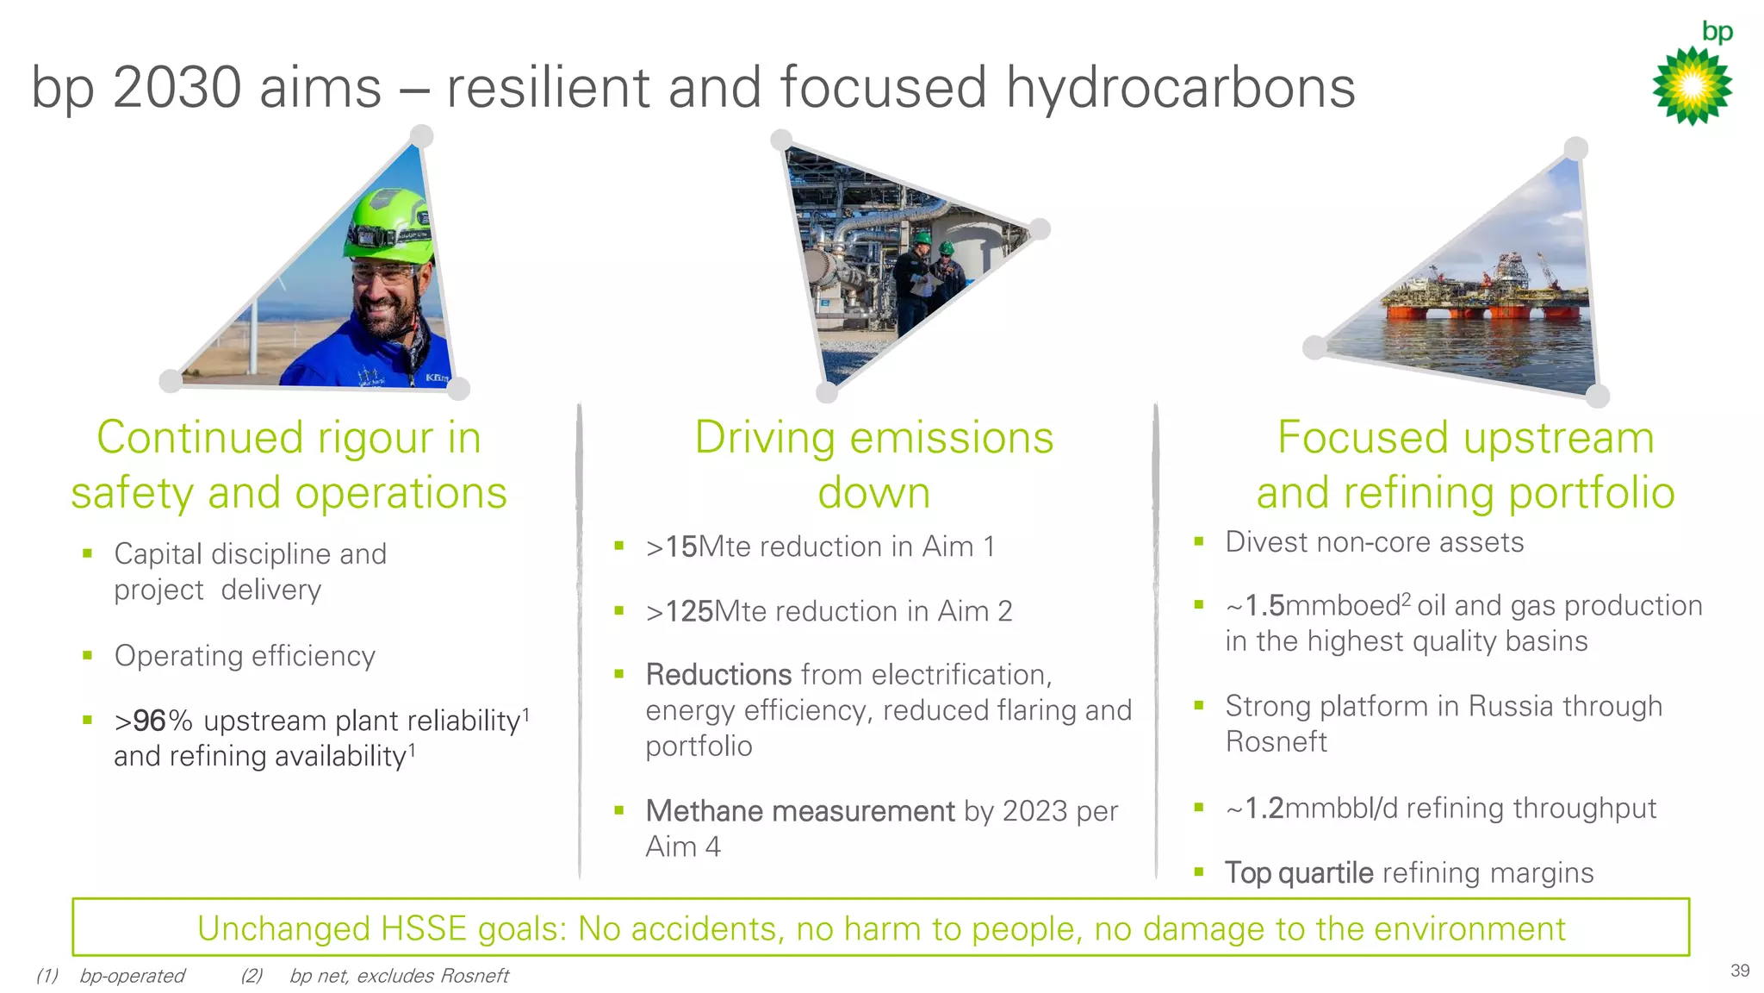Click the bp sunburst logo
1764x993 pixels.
click(1692, 84)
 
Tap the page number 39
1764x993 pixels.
click(1739, 971)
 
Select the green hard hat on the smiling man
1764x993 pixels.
click(388, 225)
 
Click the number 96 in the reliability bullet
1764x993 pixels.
click(149, 721)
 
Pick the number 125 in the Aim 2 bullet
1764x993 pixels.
click(689, 611)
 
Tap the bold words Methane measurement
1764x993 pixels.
click(800, 811)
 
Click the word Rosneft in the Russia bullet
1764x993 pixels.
click(1276, 742)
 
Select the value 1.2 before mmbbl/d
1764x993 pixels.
click(1264, 809)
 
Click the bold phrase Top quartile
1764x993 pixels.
click(1299, 873)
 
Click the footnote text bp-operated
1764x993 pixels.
click(132, 976)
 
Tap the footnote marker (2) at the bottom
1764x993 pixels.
click(252, 976)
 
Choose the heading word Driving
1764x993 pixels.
click(764, 438)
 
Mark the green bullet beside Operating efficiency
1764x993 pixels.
click(87, 655)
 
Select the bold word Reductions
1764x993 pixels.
click(718, 675)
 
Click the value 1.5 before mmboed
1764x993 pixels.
click(1264, 606)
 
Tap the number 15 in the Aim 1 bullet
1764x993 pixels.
click(680, 546)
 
